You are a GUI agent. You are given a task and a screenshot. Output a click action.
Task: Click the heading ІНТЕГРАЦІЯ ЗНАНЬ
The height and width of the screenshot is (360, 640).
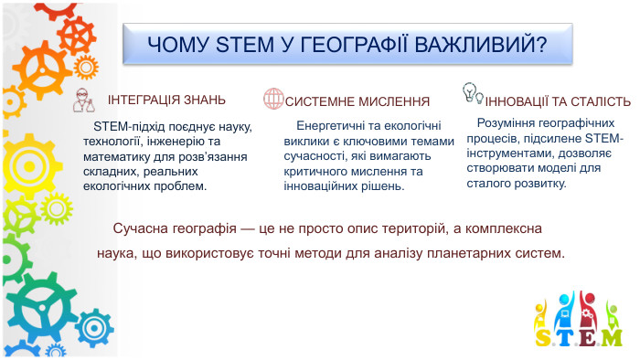167,100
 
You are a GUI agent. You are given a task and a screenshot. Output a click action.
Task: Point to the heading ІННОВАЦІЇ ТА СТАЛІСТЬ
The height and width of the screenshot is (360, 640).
558,101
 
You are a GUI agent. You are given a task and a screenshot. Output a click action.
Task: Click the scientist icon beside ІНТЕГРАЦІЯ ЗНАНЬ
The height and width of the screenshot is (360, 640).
85,100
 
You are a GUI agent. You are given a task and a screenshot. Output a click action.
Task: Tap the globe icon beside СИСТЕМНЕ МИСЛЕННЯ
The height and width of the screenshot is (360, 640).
272,99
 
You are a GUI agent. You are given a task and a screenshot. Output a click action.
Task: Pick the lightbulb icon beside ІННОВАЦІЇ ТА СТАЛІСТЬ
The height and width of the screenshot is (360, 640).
472,93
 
